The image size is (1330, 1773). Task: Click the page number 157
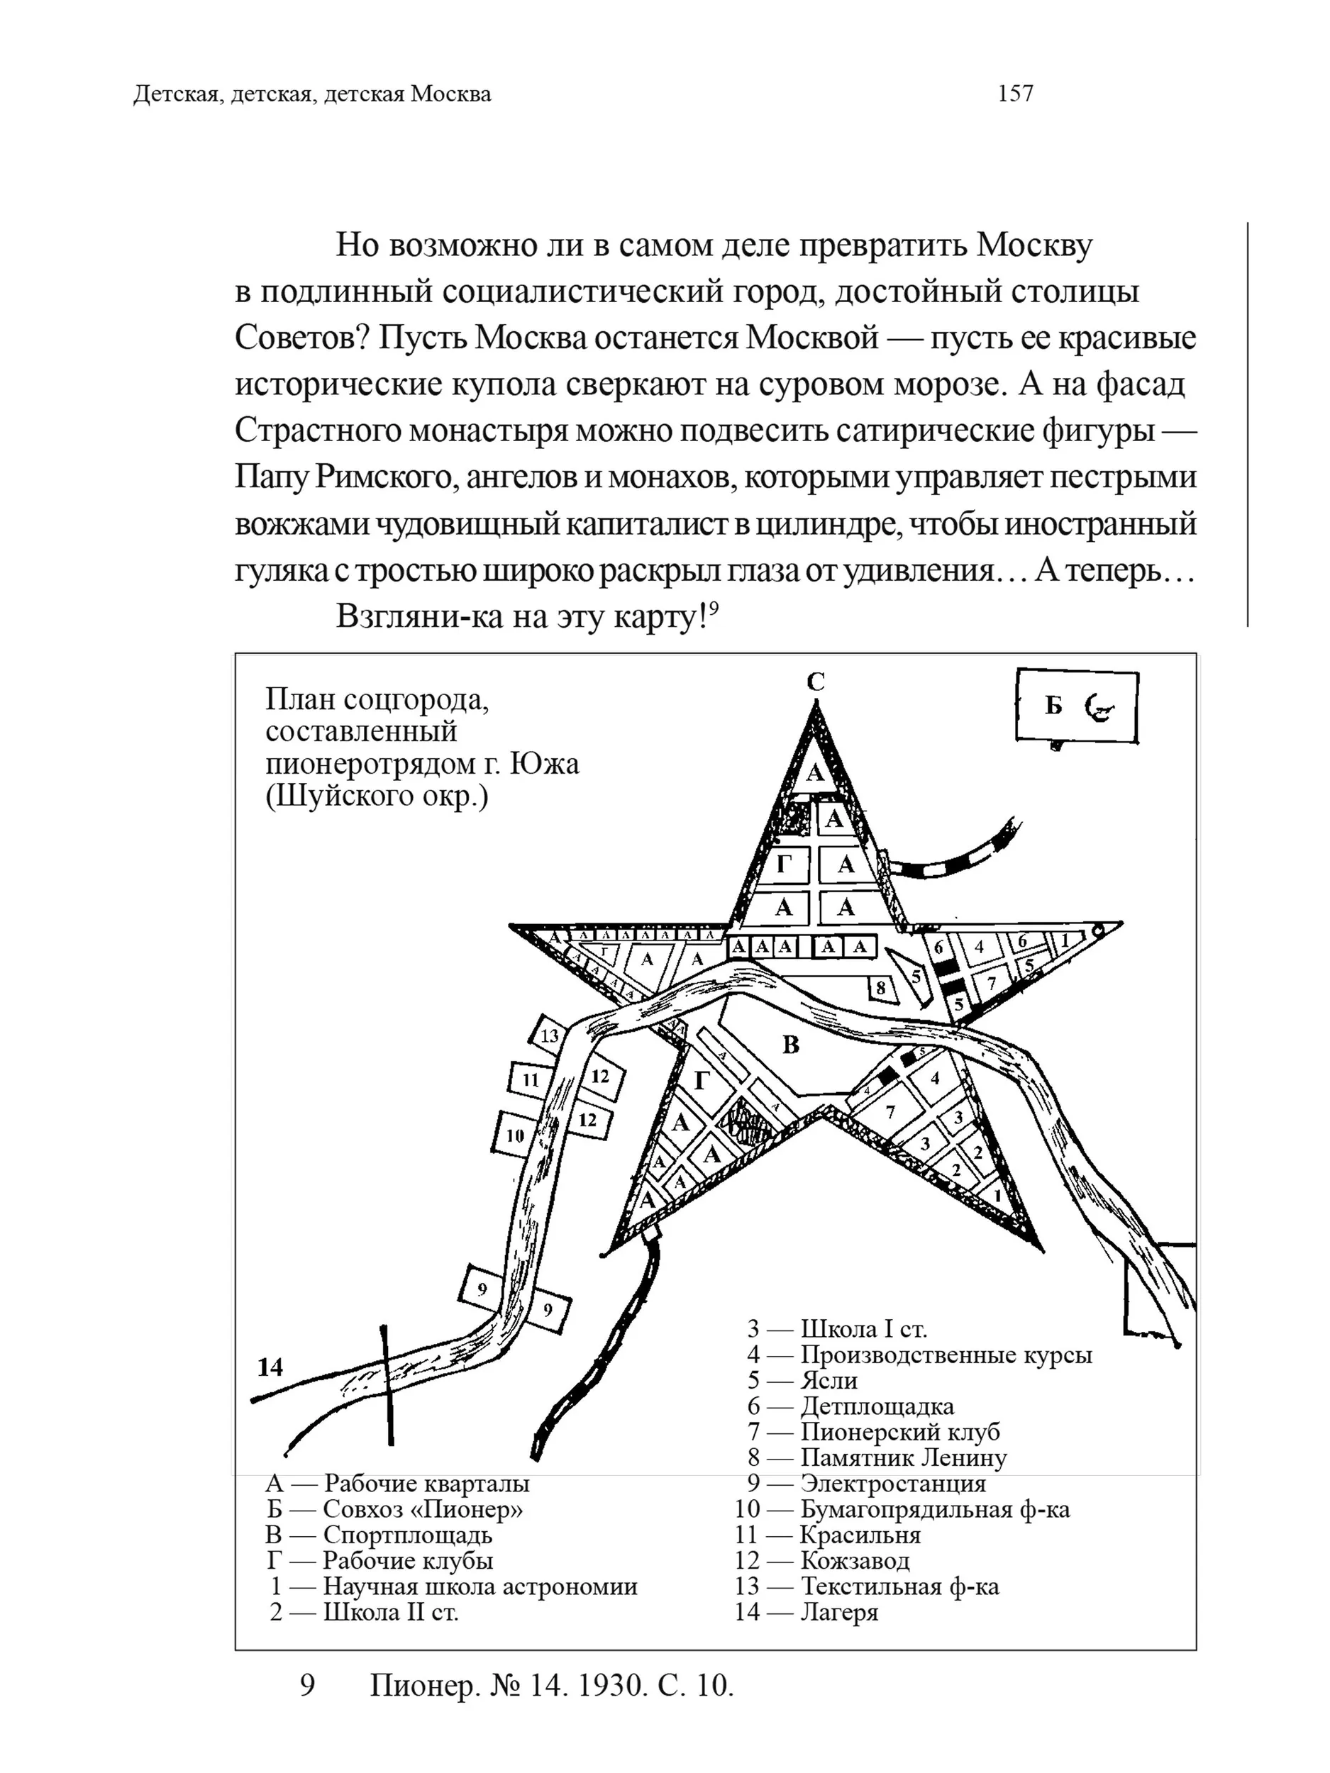click(x=1015, y=94)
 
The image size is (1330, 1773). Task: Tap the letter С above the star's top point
click(x=815, y=682)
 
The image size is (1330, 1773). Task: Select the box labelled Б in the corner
click(x=1077, y=706)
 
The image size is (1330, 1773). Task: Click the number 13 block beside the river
click(x=549, y=1035)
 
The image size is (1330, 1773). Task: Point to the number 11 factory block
click(x=531, y=1079)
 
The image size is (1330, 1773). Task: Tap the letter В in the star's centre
click(x=790, y=1045)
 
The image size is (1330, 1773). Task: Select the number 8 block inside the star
click(x=880, y=987)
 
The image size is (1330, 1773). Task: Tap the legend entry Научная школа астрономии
click(x=480, y=1586)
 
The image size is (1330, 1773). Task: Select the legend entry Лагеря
click(x=839, y=1612)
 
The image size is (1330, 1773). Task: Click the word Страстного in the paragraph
click(x=319, y=430)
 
